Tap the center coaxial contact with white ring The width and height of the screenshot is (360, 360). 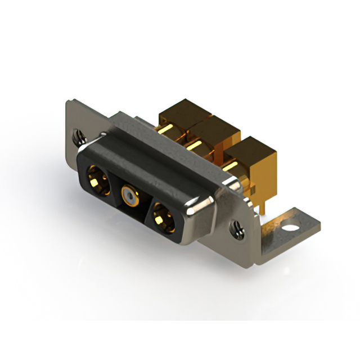click(x=130, y=197)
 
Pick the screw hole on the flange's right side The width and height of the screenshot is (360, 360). click(x=238, y=229)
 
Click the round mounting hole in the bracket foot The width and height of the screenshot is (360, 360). click(x=290, y=228)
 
